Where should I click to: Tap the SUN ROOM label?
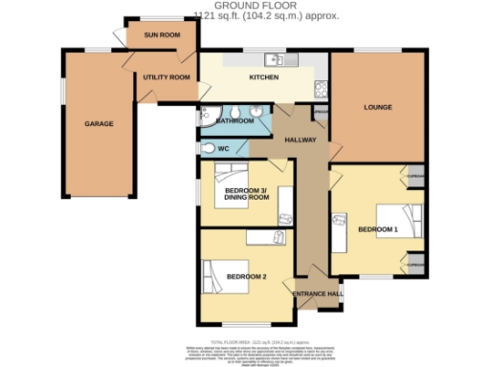(162, 34)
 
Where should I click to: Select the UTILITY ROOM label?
(166, 77)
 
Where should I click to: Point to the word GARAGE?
(99, 124)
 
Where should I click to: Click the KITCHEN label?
(263, 77)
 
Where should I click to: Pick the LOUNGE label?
(378, 108)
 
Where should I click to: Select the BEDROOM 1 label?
(377, 229)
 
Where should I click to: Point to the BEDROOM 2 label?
(246, 277)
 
